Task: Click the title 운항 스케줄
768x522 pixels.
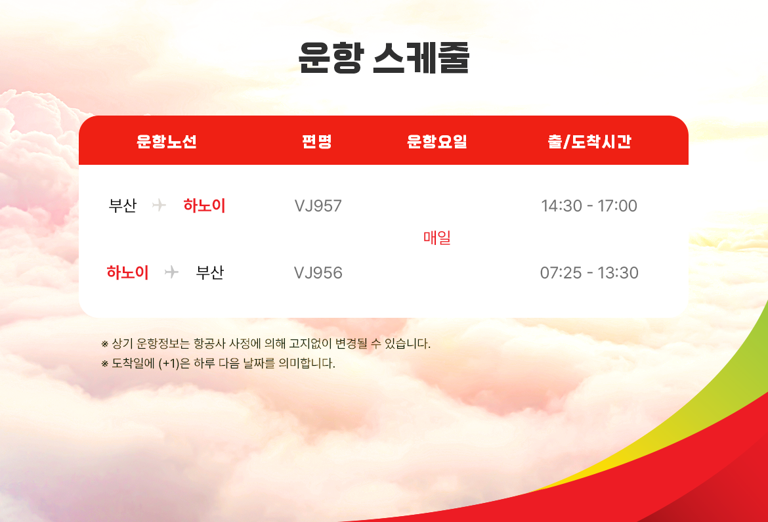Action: (x=384, y=57)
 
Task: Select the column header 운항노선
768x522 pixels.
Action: (x=167, y=141)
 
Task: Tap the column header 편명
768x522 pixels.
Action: (x=317, y=141)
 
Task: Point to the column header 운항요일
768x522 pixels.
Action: (x=437, y=141)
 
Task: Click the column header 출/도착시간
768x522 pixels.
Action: (x=589, y=141)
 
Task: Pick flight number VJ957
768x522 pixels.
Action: (x=318, y=206)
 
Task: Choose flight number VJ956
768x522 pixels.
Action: (x=318, y=272)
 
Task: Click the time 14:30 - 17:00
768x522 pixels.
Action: (x=589, y=206)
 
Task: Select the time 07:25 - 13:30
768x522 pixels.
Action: (x=589, y=272)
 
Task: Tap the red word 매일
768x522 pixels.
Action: (x=437, y=238)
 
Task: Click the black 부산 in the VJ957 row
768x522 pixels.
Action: (x=123, y=206)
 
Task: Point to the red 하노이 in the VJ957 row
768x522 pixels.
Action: (x=204, y=206)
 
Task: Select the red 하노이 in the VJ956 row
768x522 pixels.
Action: (x=127, y=272)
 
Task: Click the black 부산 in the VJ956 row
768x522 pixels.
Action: (x=209, y=272)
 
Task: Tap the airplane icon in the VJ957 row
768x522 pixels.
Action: (x=159, y=205)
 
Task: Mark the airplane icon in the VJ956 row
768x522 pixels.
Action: (x=171, y=272)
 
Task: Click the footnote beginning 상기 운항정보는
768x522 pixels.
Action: (x=266, y=343)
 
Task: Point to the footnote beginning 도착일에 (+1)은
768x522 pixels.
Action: (x=218, y=363)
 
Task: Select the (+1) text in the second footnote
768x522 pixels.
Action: (x=169, y=364)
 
